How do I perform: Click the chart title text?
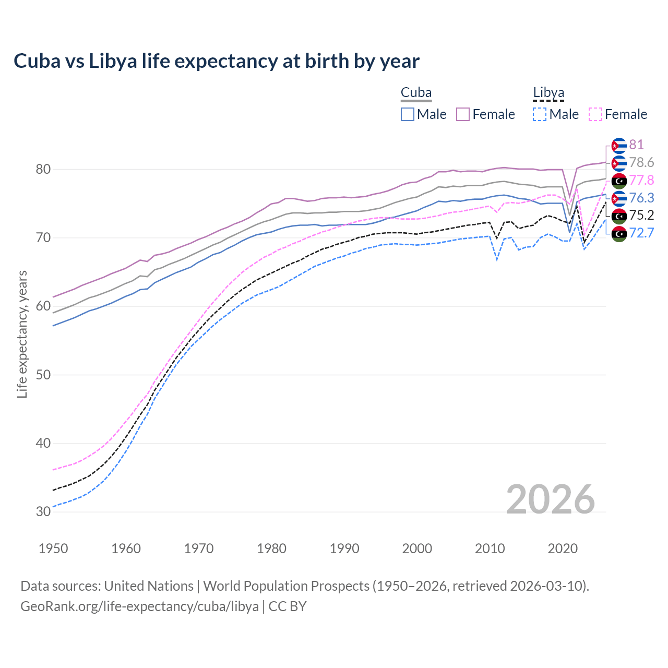coord(217,61)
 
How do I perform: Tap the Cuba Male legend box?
coord(408,114)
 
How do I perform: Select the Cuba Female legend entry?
coord(485,114)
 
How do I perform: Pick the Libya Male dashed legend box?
coord(540,114)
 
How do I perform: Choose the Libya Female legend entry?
coord(618,114)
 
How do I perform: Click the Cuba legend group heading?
coord(416,93)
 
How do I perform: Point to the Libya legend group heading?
coord(548,93)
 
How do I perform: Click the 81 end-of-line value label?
coord(636,145)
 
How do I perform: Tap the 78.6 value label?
coord(641,162)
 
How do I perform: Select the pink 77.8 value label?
coord(641,180)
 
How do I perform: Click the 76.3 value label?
coord(641,198)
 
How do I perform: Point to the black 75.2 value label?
coord(641,215)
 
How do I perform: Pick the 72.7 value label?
coord(641,233)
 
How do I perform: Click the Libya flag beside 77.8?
coord(619,181)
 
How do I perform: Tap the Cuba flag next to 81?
coord(619,146)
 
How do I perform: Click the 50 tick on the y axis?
coord(43,375)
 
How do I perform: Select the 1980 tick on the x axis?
coord(271,548)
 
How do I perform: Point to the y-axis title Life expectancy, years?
coord(22,334)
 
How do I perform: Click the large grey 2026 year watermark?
coord(550,499)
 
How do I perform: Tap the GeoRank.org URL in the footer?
coord(139,606)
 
